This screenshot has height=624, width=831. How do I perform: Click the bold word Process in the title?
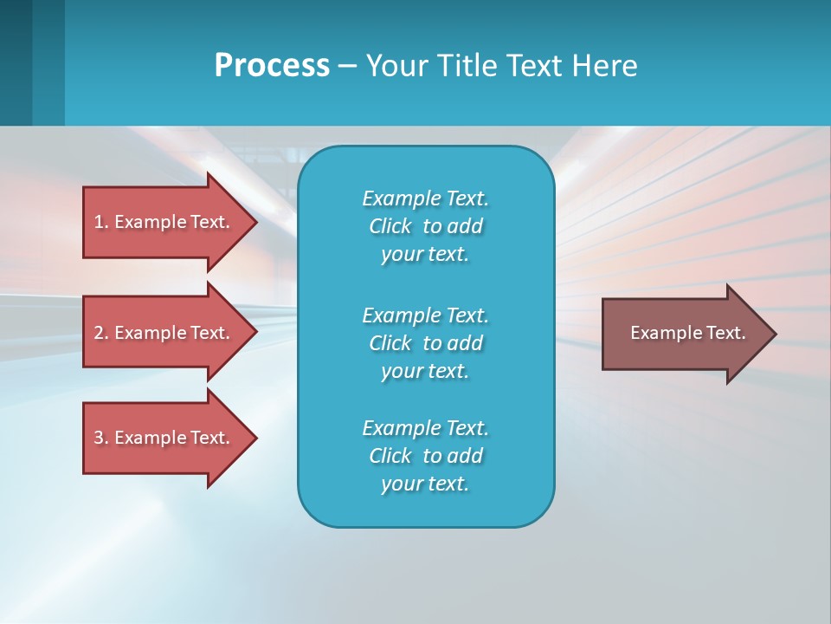[272, 66]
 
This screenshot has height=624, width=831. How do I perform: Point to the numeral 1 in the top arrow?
[99, 222]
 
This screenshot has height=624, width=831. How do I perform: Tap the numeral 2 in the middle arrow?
[99, 333]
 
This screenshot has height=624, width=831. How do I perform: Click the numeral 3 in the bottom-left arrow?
[99, 438]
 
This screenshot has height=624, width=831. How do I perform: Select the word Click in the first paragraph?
[390, 226]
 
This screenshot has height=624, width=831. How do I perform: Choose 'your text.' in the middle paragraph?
[425, 371]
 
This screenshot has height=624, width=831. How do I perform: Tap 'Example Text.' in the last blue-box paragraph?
[425, 428]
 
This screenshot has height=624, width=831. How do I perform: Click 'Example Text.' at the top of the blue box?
[425, 198]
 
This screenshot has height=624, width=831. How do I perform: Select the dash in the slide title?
[348, 66]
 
